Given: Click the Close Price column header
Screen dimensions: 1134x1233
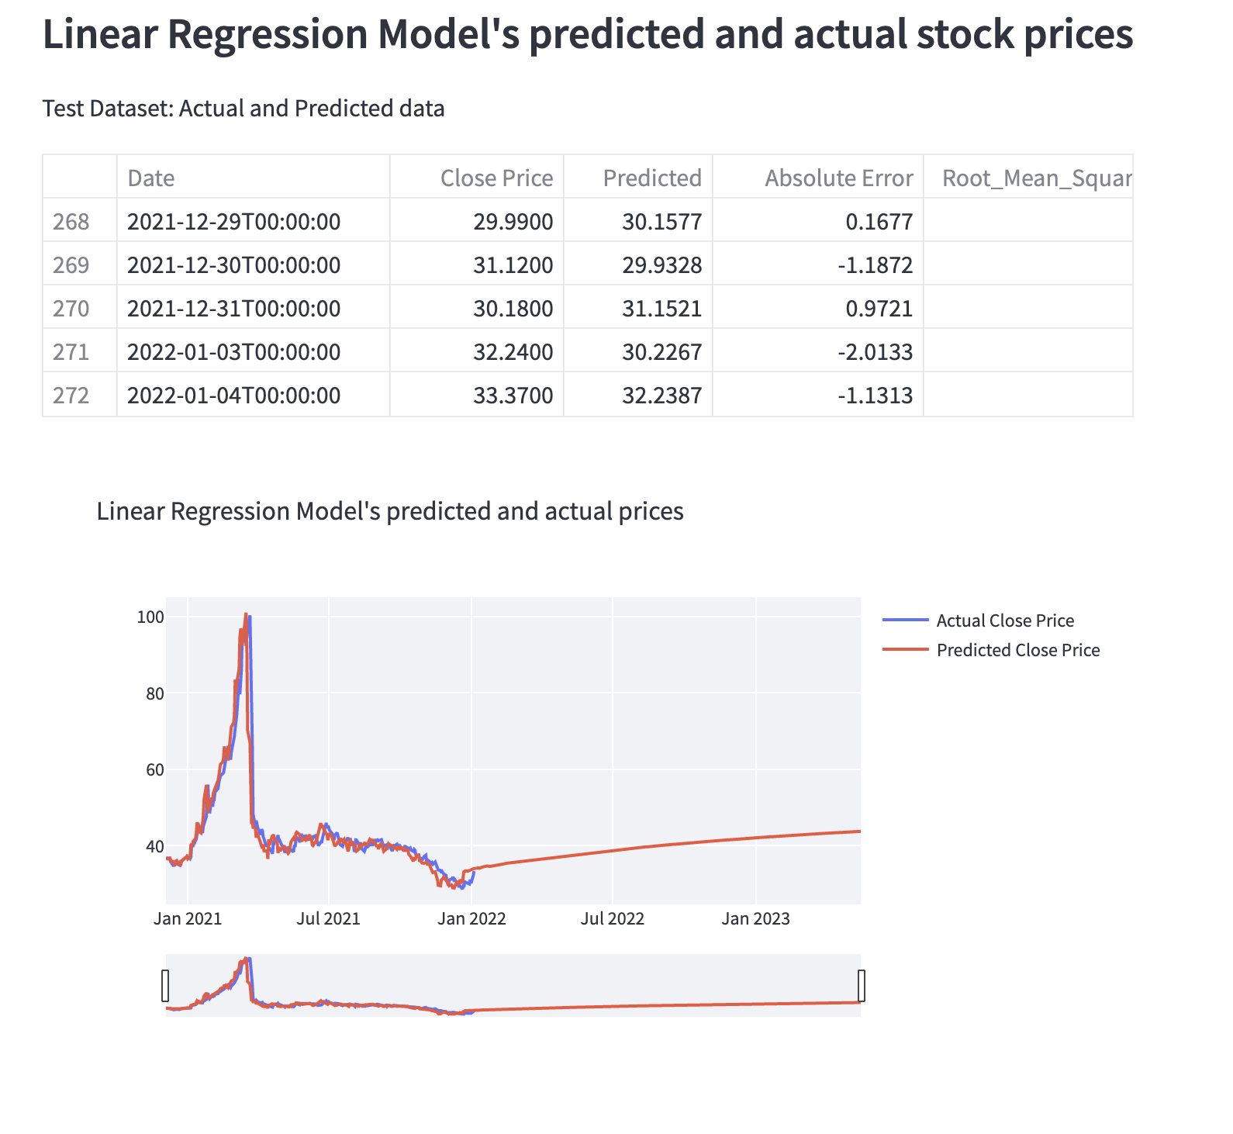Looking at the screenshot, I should pos(496,178).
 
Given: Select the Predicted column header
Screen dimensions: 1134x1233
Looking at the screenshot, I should pos(652,178).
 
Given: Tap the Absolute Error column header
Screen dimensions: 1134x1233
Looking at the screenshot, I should pos(838,178).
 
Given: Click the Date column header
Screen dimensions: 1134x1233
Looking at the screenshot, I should pos(151,178).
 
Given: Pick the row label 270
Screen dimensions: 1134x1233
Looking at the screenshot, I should pos(71,309).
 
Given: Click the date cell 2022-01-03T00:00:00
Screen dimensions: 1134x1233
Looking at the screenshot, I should pos(233,352).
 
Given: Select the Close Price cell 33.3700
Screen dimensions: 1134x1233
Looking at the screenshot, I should pos(513,396).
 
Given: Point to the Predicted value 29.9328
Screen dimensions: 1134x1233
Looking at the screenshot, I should pos(661,265).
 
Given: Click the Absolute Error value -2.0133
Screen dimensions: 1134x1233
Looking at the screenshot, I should pos(875,352).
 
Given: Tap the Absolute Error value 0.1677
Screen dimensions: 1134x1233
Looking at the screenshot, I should pos(879,222).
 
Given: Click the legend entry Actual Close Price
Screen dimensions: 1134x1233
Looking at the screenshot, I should pos(1004,621).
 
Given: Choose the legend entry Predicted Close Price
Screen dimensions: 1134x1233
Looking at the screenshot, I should pos(1017,650).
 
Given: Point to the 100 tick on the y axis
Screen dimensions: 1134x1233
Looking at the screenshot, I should pos(150,617).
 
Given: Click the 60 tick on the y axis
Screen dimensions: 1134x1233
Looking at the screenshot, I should pos(154,769).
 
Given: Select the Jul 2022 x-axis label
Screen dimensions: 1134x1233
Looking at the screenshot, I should pos(613,919).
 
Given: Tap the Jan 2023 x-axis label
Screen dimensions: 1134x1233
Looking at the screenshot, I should pos(755,919).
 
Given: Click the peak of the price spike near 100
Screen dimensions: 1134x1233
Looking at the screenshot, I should pos(247,616).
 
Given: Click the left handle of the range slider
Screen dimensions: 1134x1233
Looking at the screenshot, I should pos(164,986).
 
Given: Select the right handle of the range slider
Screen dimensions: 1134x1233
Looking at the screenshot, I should pos(861,986).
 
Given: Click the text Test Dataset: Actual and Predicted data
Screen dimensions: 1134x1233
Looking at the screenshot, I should pos(243,109).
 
